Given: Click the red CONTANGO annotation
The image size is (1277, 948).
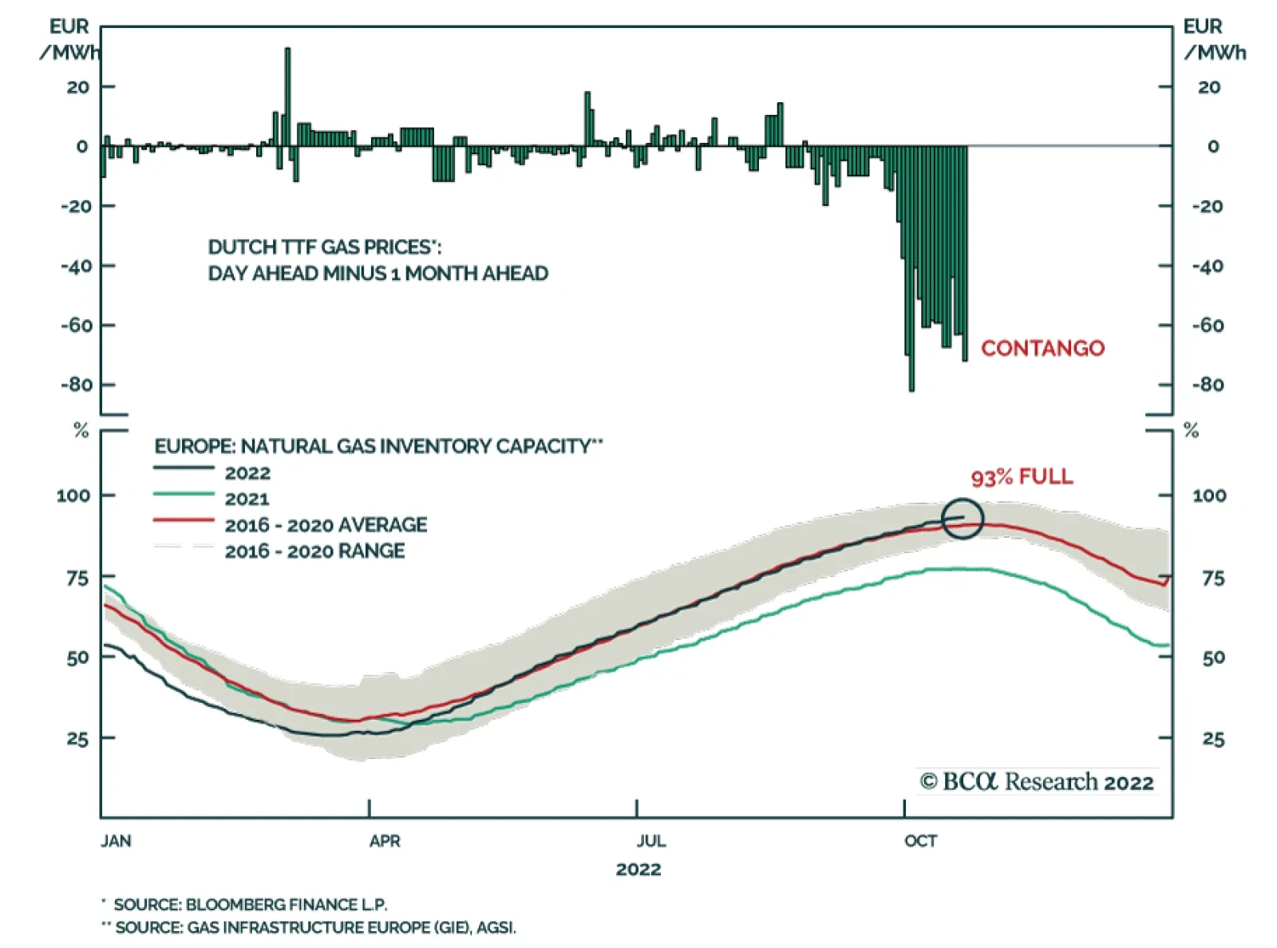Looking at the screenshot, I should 1042,348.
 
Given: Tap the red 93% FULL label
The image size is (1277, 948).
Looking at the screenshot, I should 1022,477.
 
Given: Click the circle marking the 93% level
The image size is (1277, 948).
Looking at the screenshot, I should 963,519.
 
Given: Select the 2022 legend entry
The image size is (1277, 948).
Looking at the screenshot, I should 247,472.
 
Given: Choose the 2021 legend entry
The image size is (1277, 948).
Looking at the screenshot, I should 247,499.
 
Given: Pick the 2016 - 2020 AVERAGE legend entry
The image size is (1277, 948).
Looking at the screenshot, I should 326,524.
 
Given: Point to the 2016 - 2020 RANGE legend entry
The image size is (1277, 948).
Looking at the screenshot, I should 314,551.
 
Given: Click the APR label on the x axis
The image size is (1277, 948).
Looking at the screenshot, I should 385,841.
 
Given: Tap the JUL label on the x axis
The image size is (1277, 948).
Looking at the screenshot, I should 651,841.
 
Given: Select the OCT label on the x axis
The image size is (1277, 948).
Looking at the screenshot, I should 920,841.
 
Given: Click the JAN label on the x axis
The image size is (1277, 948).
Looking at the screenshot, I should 117,841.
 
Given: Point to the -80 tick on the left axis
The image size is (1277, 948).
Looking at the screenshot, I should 77,385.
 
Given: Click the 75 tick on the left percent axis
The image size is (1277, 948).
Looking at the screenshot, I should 77,578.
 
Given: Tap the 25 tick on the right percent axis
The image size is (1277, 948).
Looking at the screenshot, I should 1213,739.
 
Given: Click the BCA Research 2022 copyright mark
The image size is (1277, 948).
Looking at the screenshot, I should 1037,781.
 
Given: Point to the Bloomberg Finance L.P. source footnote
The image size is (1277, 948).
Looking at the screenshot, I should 250,904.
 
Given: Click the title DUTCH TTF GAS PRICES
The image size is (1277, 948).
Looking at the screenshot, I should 324,247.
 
